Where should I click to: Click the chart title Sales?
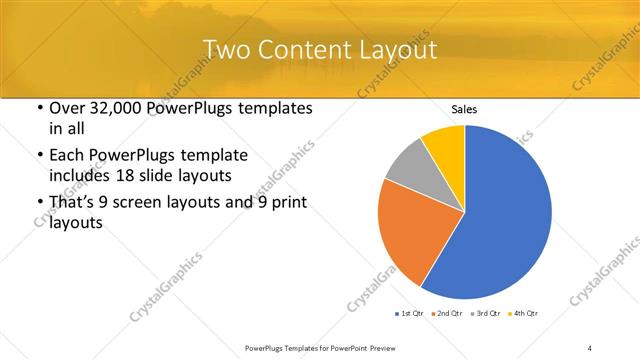[x=464, y=108]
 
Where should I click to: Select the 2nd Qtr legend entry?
[x=445, y=314]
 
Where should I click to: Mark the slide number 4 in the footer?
[x=590, y=347]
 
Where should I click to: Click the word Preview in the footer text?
[x=385, y=347]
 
